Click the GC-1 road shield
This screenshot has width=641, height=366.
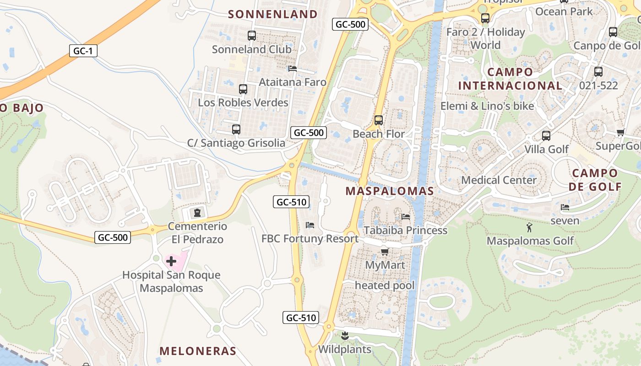click(83, 51)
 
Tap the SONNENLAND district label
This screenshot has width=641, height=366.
click(273, 14)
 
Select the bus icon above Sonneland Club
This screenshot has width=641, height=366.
click(251, 35)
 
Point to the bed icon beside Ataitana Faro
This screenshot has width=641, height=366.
click(293, 69)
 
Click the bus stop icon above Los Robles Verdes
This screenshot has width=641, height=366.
click(243, 89)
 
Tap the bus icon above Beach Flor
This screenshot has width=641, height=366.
click(379, 120)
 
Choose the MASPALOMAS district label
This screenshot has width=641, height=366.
click(390, 191)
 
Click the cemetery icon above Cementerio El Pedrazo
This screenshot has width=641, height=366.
click(197, 212)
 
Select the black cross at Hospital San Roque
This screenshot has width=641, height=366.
click(171, 261)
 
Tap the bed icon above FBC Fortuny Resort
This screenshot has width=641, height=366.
click(310, 225)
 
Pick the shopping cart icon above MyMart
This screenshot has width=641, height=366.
click(385, 252)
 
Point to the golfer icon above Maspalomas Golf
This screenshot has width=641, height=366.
click(530, 227)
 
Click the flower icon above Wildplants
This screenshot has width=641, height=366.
click(345, 336)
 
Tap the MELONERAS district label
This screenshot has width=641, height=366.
click(198, 351)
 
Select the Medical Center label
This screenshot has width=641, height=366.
click(499, 180)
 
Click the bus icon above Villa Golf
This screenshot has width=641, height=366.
click(546, 136)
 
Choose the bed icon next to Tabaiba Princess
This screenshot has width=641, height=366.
click(405, 216)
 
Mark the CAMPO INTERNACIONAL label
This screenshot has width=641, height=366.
click(510, 79)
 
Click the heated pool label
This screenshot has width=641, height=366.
click(385, 285)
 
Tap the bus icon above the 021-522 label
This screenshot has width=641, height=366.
click(598, 72)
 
